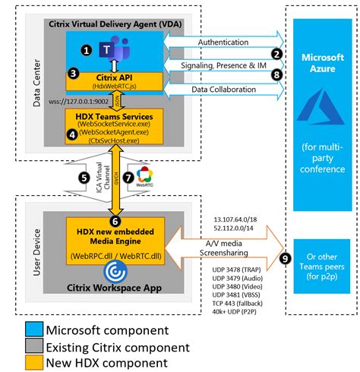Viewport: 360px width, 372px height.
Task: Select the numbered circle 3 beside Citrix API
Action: click(73, 74)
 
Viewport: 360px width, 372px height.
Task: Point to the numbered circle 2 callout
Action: click(277, 55)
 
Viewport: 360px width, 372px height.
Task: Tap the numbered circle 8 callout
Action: click(277, 74)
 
